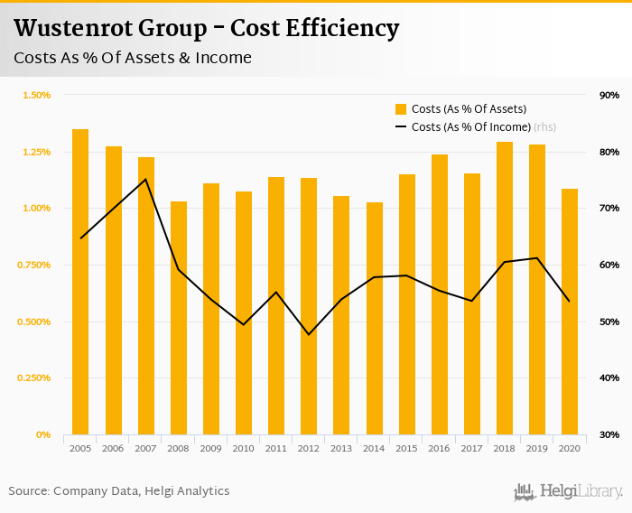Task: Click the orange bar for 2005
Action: [80, 282]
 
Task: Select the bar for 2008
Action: [179, 318]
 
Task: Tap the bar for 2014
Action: [375, 318]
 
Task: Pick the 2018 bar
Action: [505, 288]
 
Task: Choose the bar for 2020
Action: [570, 312]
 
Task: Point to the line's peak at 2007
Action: [146, 179]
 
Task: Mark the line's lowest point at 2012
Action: [310, 334]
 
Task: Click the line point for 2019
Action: [537, 258]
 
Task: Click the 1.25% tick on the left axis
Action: [36, 152]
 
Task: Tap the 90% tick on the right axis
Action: [609, 95]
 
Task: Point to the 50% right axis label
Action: [609, 322]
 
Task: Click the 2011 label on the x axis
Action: [276, 448]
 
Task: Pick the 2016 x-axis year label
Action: [440, 448]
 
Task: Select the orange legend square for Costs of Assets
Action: [401, 109]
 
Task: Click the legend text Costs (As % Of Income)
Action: [470, 127]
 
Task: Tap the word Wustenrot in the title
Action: [72, 29]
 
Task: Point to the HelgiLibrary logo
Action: [568, 491]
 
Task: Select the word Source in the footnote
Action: [29, 491]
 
